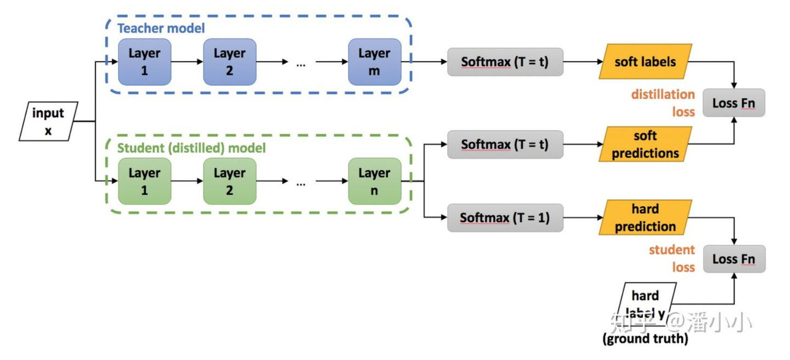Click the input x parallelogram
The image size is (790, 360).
(48, 121)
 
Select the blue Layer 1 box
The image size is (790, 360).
(145, 62)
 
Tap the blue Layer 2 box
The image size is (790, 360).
(229, 62)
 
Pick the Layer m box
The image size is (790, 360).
(375, 62)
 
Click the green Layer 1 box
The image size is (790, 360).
(145, 181)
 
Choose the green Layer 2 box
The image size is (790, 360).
(229, 181)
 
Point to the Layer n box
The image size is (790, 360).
(375, 181)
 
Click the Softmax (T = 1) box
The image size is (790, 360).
(505, 218)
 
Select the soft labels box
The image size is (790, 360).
(645, 61)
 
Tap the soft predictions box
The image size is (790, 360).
(645, 144)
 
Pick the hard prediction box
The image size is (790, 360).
(645, 217)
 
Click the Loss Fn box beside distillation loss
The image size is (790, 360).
(734, 103)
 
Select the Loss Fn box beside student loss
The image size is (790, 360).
(734, 258)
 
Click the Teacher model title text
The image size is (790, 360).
(161, 28)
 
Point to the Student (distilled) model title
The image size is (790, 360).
(191, 148)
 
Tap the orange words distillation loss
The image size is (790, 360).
(663, 103)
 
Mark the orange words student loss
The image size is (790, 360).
(672, 258)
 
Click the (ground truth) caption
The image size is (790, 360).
(645, 339)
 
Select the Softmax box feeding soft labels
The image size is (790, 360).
(505, 62)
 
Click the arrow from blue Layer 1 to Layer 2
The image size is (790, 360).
(187, 62)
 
